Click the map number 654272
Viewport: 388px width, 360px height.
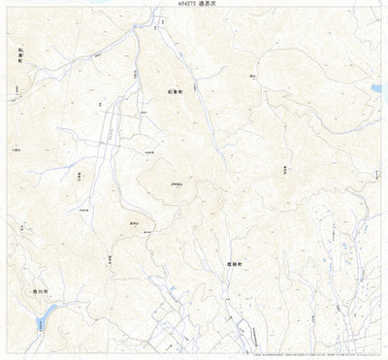point(179,5)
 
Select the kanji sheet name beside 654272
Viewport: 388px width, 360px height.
point(209,5)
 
